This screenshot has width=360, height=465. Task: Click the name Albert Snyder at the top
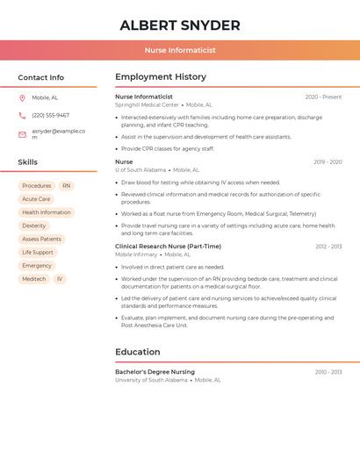click(180, 25)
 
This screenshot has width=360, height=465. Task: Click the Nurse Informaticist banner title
click(180, 50)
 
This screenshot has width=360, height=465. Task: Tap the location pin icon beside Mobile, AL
click(22, 97)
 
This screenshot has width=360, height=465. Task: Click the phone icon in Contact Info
click(22, 115)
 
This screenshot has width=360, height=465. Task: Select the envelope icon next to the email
click(22, 134)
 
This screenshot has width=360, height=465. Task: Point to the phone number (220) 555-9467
click(50, 115)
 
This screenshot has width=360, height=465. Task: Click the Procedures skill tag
click(37, 186)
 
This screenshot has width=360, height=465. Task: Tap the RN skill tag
click(67, 186)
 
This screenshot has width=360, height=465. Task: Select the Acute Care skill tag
click(36, 199)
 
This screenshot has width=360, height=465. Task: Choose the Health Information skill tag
click(47, 212)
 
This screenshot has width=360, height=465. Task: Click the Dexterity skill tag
click(34, 225)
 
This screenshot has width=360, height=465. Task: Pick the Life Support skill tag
click(38, 252)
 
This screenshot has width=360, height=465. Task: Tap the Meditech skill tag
click(34, 279)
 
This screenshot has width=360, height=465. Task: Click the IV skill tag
click(60, 279)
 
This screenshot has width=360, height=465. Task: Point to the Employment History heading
click(161, 77)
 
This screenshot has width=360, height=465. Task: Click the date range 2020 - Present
click(323, 97)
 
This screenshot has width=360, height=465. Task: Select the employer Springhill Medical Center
click(147, 104)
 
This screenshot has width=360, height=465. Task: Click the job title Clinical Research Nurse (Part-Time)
click(168, 247)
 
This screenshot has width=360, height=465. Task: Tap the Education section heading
click(137, 352)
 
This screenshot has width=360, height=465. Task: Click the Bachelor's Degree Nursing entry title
click(155, 372)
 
